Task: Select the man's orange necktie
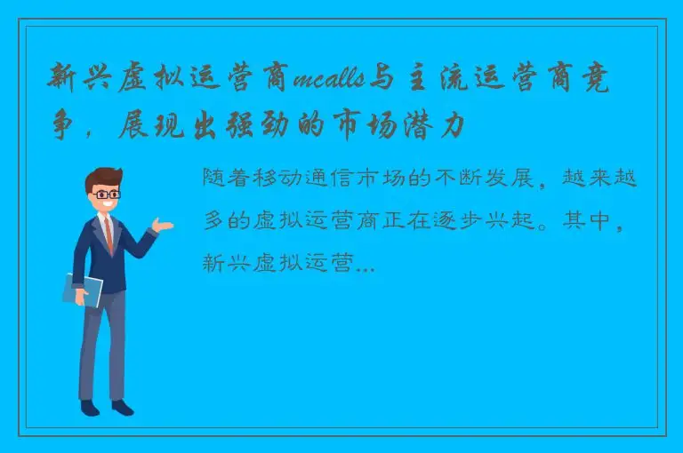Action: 108,232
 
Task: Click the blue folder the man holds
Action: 83,290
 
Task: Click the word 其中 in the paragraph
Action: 588,221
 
